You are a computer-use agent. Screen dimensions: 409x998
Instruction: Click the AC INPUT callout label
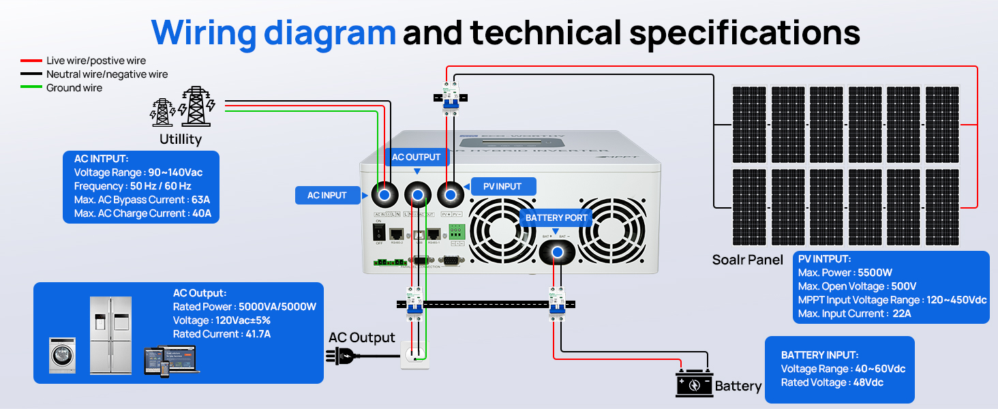tap(327, 195)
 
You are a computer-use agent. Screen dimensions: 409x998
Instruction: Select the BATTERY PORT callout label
tap(556, 218)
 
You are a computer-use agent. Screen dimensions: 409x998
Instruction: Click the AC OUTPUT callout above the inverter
tap(416, 157)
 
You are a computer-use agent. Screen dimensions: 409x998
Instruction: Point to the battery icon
tap(694, 384)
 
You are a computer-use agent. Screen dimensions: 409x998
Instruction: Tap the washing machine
tap(62, 355)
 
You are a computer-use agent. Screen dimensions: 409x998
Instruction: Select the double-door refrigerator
tap(110, 335)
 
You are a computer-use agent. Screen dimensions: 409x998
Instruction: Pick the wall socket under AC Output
tap(415, 355)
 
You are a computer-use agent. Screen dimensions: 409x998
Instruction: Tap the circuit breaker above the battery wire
tap(556, 303)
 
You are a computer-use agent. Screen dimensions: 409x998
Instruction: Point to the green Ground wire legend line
tap(31, 87)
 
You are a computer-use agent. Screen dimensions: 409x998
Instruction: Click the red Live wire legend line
tap(31, 61)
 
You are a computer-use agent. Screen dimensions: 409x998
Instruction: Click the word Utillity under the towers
tap(181, 139)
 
